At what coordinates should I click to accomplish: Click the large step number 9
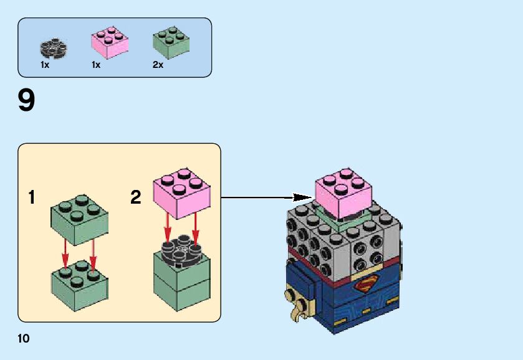click(x=27, y=101)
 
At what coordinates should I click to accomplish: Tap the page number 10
click(x=24, y=339)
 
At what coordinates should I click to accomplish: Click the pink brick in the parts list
click(x=109, y=43)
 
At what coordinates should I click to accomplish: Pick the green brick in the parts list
click(x=170, y=43)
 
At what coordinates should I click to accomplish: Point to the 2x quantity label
click(x=158, y=65)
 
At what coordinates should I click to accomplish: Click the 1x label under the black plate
click(x=45, y=65)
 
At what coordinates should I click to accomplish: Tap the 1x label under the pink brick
click(x=96, y=65)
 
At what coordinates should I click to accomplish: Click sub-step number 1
click(x=31, y=198)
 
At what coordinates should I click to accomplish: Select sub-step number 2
click(x=136, y=198)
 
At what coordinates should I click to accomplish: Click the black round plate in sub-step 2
click(x=181, y=250)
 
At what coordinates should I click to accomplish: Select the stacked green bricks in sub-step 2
click(x=181, y=283)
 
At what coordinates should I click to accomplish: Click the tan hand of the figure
click(x=298, y=306)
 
